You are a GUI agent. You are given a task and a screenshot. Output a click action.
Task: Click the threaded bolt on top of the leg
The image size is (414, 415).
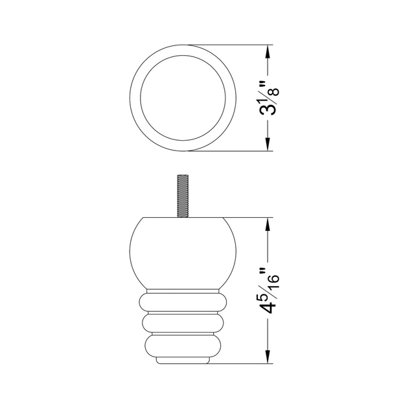click(x=183, y=196)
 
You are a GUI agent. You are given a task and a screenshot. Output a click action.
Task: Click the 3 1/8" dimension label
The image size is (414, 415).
click(x=269, y=99)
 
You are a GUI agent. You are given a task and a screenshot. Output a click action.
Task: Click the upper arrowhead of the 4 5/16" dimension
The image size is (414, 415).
click(x=268, y=225)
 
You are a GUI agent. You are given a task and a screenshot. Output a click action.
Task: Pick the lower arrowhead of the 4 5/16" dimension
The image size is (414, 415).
click(x=268, y=356)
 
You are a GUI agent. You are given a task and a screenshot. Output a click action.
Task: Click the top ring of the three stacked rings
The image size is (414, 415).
click(x=183, y=302)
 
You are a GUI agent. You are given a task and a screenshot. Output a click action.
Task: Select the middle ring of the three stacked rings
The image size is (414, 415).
click(x=183, y=323)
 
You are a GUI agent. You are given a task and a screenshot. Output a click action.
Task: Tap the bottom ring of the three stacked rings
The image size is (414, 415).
click(x=183, y=344)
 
